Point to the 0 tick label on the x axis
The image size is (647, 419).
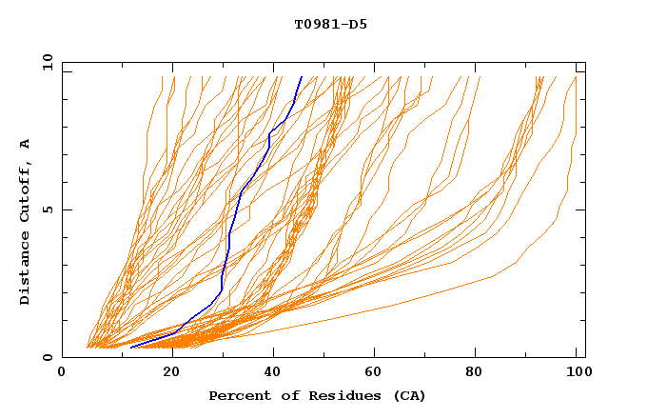62,373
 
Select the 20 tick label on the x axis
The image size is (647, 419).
172,373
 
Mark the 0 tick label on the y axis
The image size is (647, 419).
48,358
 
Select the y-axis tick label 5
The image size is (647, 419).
48,209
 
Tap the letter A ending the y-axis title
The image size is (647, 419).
26,144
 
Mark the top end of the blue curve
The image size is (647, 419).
302,76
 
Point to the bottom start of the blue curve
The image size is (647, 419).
130,348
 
